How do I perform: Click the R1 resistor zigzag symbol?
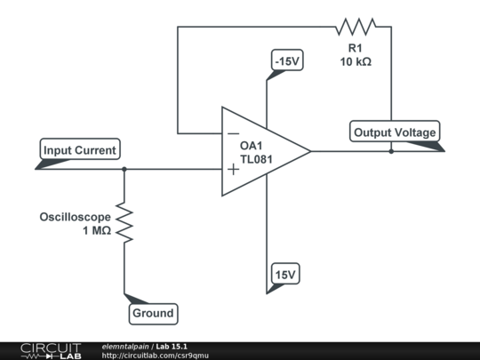pos(356,27)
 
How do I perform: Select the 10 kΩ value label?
pos(356,62)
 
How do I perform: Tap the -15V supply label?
pos(288,61)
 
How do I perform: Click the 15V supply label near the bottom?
pos(284,274)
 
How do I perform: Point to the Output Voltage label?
pos(395,132)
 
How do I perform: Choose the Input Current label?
pos(81,150)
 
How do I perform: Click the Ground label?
pos(153,314)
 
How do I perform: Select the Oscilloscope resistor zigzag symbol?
pos(124,223)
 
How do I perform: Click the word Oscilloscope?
pos(75,217)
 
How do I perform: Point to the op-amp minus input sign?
pos(232,134)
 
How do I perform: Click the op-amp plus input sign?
pos(232,168)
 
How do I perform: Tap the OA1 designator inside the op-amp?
pos(252,145)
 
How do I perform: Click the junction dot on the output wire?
pos(391,151)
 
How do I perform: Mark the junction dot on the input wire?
pos(124,168)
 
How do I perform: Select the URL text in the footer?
pos(156,355)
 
